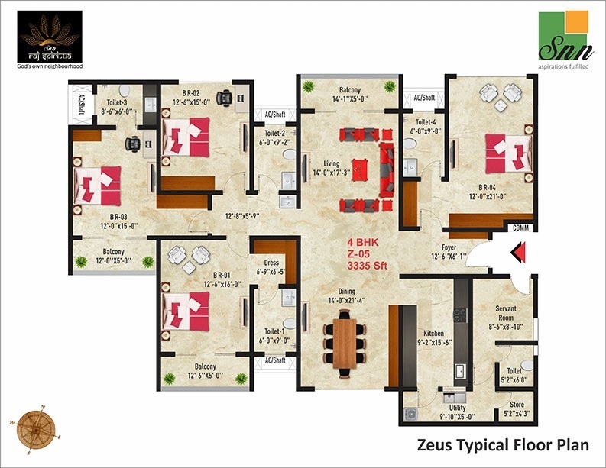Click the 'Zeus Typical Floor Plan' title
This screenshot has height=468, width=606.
coord(500,444)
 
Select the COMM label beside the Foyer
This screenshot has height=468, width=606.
coord(521,228)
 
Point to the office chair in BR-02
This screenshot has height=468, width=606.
coord(224,97)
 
